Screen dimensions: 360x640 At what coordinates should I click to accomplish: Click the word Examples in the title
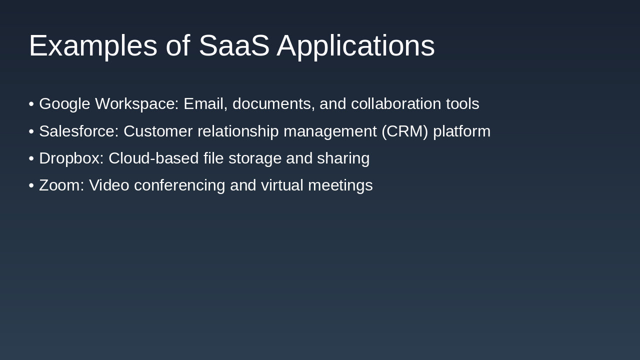tap(93, 46)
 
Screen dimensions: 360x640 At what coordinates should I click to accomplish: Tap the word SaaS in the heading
tap(234, 46)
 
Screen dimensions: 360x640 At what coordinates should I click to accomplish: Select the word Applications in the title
tap(355, 46)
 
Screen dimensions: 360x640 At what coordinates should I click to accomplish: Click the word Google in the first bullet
tap(64, 104)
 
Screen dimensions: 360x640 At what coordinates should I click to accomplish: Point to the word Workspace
tap(136, 104)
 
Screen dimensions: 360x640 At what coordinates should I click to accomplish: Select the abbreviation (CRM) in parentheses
tap(404, 131)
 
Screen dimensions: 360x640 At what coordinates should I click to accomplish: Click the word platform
tap(461, 131)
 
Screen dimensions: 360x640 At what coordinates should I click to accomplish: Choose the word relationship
tap(238, 131)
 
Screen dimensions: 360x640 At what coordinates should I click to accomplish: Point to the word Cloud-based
tap(153, 158)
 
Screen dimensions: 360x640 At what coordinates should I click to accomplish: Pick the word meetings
tap(340, 185)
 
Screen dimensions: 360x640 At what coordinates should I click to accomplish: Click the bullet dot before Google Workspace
tap(31, 104)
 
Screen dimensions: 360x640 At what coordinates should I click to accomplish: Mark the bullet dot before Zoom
tap(31, 185)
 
